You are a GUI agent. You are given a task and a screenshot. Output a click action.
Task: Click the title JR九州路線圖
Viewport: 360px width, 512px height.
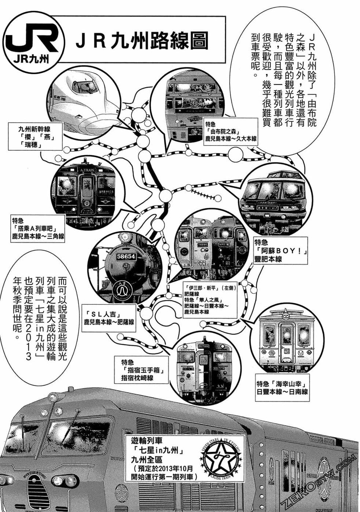pos(142,40)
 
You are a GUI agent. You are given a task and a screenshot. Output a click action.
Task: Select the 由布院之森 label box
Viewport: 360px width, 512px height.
pos(231,132)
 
